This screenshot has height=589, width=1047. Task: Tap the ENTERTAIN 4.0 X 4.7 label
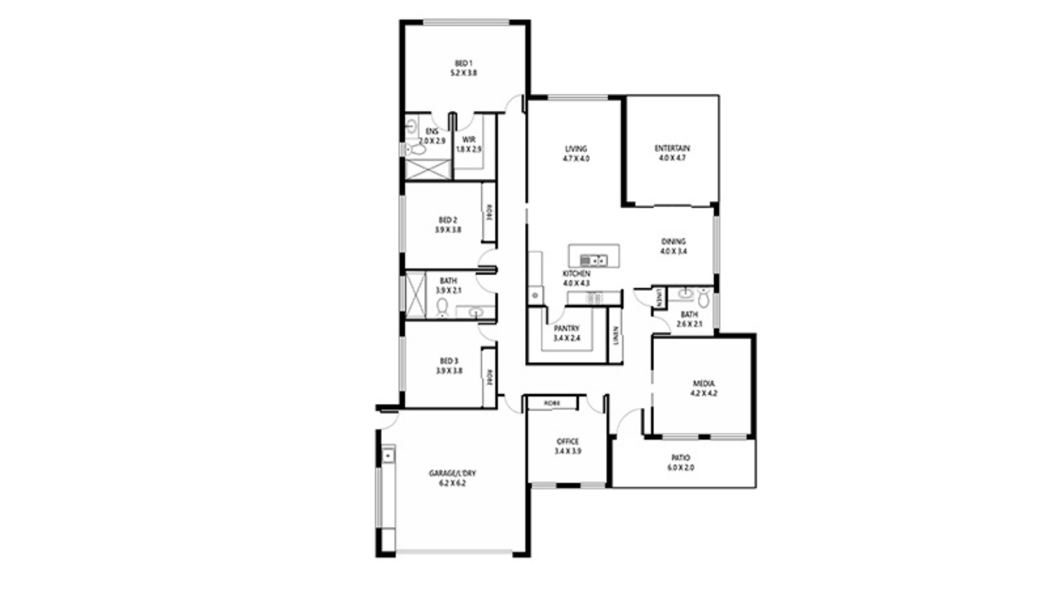[672, 153]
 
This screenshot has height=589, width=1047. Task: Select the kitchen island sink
[593, 260]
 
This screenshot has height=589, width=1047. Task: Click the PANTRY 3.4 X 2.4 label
[567, 333]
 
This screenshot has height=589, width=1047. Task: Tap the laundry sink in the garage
[388, 454]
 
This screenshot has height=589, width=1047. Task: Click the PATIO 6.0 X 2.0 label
[681, 462]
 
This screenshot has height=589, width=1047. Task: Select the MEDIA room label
[703, 388]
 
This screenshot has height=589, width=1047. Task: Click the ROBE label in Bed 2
[489, 212]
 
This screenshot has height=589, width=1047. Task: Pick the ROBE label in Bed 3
[489, 377]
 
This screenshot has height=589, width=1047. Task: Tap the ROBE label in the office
[552, 404]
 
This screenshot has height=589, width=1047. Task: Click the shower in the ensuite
[428, 169]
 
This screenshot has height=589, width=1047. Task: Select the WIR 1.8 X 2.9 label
[468, 144]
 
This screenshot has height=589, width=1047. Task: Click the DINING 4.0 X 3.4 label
[673, 247]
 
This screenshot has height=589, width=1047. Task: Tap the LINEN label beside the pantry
[616, 335]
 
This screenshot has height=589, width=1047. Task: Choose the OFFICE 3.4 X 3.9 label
[568, 446]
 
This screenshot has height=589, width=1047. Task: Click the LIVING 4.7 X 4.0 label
[576, 153]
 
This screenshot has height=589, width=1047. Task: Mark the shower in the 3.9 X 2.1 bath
[416, 294]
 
